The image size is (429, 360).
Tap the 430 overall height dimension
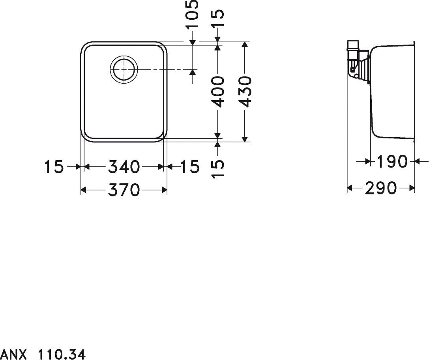245,91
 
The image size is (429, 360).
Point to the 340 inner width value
124,167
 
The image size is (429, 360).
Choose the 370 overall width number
124,190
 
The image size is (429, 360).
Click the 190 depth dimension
392,161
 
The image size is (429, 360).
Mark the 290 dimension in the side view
380,188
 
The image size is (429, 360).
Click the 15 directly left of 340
54,167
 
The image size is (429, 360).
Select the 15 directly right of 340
190,167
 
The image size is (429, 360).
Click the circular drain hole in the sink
124,69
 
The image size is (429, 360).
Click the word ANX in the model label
13,354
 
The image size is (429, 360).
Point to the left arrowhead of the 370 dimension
83,191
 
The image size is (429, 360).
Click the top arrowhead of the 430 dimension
245,44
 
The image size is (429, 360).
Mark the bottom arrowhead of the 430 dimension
245,139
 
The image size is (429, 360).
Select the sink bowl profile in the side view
392,91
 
